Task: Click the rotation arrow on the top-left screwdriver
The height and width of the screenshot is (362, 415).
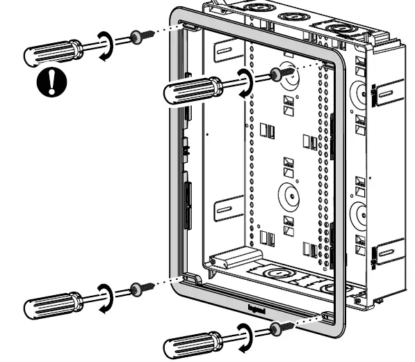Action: (x=106, y=44)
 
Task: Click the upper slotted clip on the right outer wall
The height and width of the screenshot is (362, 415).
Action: (x=388, y=92)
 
